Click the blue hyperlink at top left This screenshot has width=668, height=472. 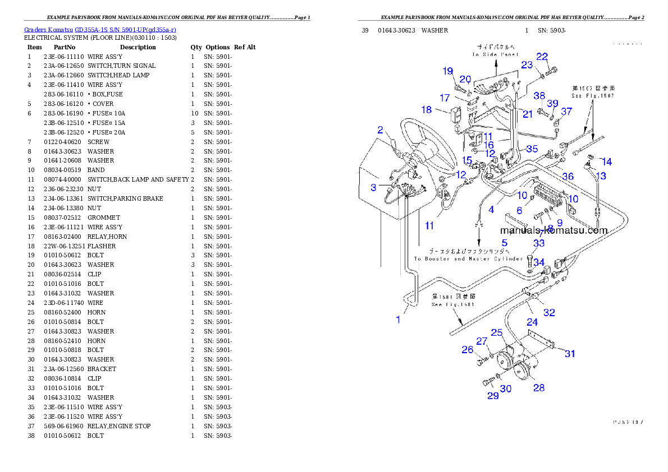100,30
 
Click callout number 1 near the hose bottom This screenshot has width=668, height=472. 399,320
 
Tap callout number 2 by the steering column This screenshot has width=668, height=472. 380,130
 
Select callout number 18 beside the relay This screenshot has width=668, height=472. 426,110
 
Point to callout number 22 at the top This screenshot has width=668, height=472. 542,56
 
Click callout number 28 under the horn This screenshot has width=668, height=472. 539,387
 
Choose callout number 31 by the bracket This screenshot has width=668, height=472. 570,354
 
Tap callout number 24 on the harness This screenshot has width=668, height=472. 532,322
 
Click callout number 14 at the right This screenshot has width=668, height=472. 606,162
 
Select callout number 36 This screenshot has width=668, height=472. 568,176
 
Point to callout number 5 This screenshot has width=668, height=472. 504,243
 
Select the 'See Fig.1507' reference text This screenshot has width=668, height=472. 593,96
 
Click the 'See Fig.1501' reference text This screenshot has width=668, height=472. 453,304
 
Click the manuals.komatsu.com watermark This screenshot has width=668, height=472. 553,230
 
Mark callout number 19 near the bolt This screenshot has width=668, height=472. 447,71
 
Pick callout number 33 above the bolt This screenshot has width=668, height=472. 539,243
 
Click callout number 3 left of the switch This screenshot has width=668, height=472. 373,187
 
